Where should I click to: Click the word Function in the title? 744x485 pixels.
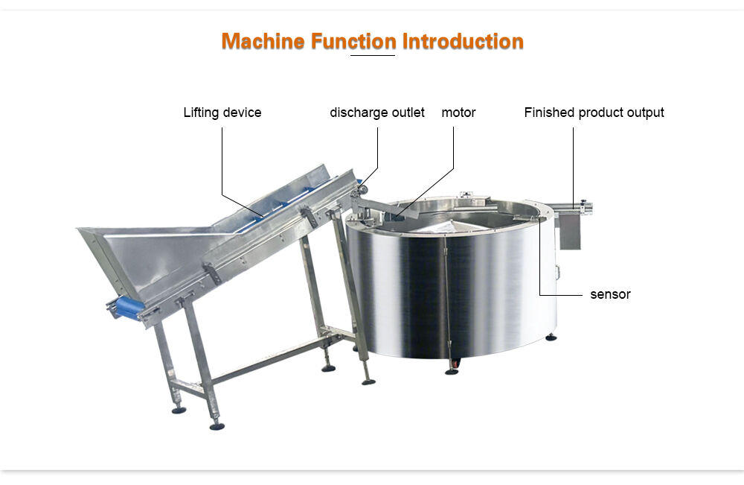coord(353,41)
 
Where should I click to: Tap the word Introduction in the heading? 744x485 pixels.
coord(463,41)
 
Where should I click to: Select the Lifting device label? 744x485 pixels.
coord(222,112)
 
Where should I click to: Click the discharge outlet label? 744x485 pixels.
coord(377,112)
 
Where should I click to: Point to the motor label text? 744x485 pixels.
coord(458,112)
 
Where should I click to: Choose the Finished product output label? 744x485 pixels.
coord(594,112)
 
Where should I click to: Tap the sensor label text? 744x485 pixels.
coord(610,294)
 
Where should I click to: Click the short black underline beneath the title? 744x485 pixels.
coord(373,56)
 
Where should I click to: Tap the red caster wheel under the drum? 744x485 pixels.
coord(455,364)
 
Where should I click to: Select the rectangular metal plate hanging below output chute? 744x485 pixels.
coord(570,231)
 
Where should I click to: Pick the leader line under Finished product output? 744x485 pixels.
coord(573,167)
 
